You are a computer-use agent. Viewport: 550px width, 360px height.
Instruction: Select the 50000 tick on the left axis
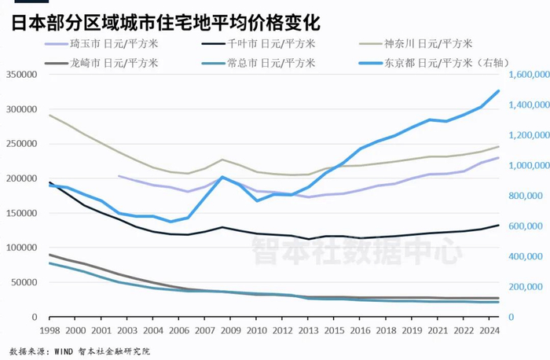[23, 282]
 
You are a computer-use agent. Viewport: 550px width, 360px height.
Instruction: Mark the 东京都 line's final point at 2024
[499, 91]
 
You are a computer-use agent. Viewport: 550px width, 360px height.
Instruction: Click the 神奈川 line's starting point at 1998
[49, 116]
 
